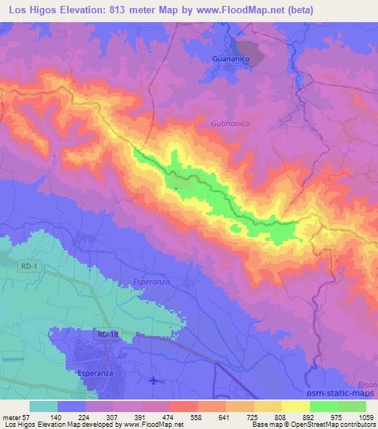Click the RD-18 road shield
click(106, 335)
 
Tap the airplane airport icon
click(153, 381)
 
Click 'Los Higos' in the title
click(27, 10)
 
